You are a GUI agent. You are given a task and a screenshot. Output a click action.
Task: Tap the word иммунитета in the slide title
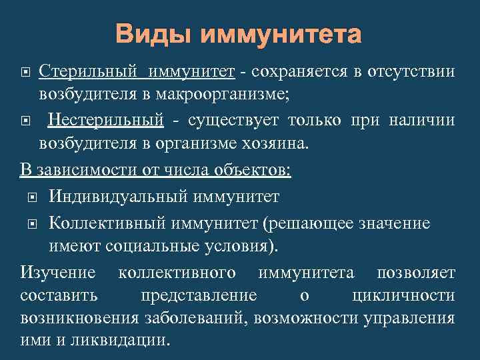[x=281, y=34]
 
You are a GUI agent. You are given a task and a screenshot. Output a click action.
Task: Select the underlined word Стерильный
[x=89, y=71]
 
